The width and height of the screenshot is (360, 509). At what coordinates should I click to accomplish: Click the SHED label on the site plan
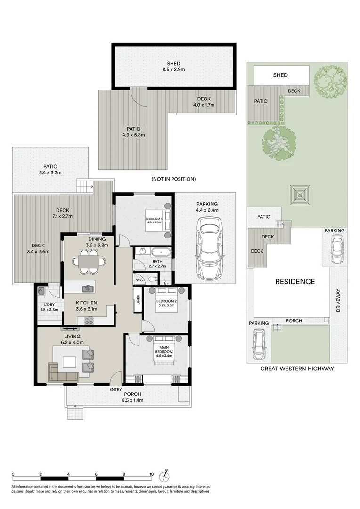click(280, 75)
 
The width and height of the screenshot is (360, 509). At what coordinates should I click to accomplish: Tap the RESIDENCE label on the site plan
click(295, 282)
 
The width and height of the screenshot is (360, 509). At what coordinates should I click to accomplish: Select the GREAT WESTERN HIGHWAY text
click(297, 369)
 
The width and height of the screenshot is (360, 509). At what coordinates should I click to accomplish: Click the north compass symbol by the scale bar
click(164, 475)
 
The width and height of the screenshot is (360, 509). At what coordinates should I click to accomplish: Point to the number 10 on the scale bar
click(152, 474)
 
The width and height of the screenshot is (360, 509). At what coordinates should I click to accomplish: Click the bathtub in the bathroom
click(149, 252)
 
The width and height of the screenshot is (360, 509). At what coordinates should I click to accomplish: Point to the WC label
click(139, 280)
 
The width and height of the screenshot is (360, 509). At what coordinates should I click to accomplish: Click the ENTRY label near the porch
click(115, 389)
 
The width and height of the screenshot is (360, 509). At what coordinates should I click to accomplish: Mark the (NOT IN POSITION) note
click(173, 179)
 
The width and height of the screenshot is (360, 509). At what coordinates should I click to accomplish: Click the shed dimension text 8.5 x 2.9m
click(173, 70)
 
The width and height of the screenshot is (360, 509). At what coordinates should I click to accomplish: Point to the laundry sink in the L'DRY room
click(41, 291)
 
